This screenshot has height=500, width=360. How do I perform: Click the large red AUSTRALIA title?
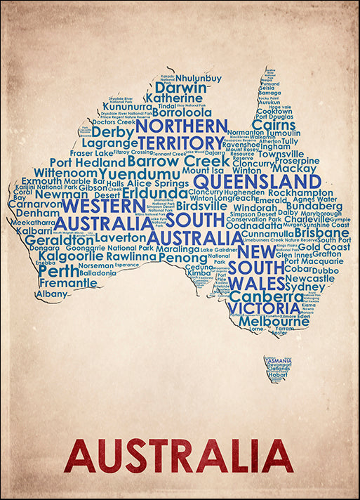[x=179, y=456]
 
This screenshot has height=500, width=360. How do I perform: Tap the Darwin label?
[x=180, y=88]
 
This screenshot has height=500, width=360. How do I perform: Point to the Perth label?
[x=59, y=270]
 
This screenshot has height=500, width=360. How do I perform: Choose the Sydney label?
[x=305, y=287]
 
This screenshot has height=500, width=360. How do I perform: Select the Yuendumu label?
[x=140, y=173]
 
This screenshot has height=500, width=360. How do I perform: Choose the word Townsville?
[x=281, y=154]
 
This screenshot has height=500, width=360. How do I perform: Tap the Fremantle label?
[x=67, y=283]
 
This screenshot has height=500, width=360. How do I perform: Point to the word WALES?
[x=256, y=283]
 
